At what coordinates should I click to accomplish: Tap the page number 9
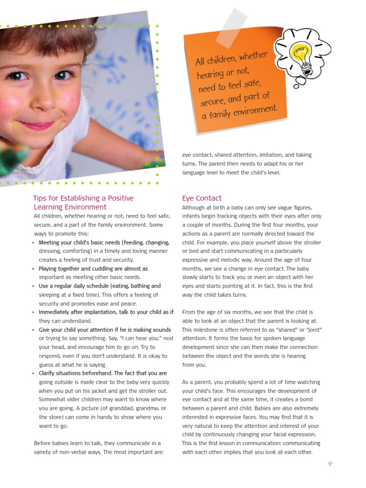[x=329, y=464]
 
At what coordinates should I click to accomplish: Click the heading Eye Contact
[x=202, y=198]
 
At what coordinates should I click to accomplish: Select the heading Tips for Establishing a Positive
[x=83, y=198]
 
